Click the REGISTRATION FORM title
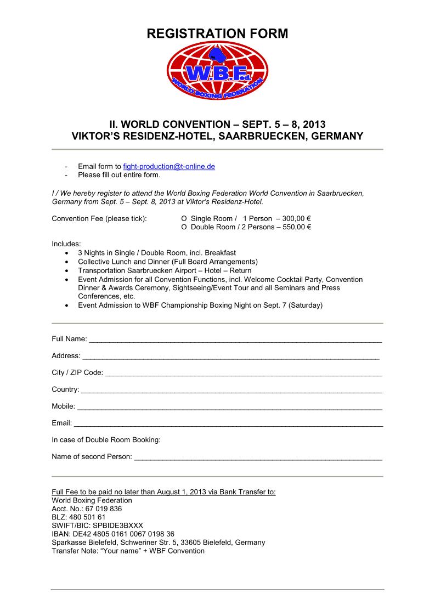click(217, 33)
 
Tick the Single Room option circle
click(184, 218)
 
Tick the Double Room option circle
click(184, 227)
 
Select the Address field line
click(230, 358)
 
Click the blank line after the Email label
click(228, 425)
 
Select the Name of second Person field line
click(258, 458)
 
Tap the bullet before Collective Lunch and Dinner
click(66, 262)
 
